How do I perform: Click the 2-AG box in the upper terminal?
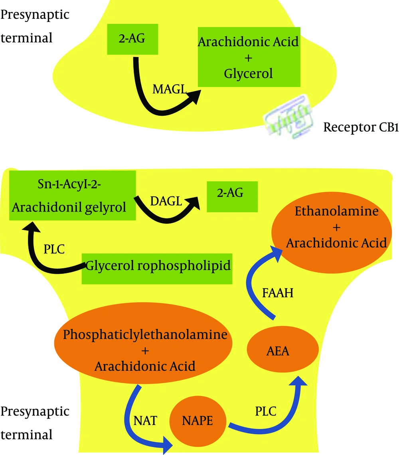pos(132,39)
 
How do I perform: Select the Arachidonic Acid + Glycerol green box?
pos(249,57)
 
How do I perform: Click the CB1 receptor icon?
pos(288,117)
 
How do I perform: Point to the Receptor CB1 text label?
pos(361,127)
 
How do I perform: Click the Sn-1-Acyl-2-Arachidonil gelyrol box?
pos(73,195)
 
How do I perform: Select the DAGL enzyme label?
pos(166,201)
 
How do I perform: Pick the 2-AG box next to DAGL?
pos(232,196)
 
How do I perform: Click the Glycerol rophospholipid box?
pos(157,269)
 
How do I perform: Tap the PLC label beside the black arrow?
pos(54,249)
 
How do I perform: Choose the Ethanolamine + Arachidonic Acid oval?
pos(332,232)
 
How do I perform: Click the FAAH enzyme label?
pos(278,293)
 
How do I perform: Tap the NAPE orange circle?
pos(198,421)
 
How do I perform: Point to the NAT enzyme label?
pos(145,421)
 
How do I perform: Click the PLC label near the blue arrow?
pos(265,411)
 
